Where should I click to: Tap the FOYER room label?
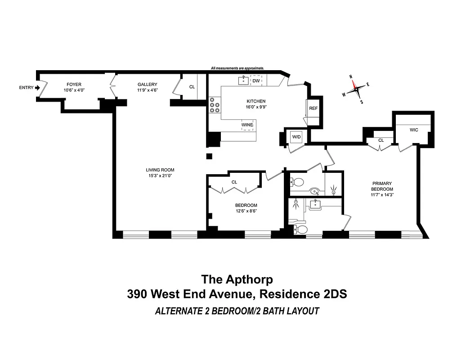point(74,85)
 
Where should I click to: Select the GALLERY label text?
point(148,85)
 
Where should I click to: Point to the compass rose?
point(356,89)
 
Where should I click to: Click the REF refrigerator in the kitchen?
point(313,108)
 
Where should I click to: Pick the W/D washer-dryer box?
point(296,136)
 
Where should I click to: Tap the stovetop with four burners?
point(215,105)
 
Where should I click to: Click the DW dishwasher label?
point(256,81)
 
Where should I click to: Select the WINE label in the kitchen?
point(247,125)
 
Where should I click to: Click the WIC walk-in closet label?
point(414,130)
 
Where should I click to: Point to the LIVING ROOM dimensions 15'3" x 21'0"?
point(159,175)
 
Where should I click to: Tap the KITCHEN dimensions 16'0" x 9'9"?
point(255,107)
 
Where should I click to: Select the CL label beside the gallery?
point(192,87)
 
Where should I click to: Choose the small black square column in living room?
point(209,156)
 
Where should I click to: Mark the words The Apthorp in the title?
point(237,279)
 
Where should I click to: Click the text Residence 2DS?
point(305,294)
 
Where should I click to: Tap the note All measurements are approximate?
point(237,68)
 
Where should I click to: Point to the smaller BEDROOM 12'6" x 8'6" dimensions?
point(246,211)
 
